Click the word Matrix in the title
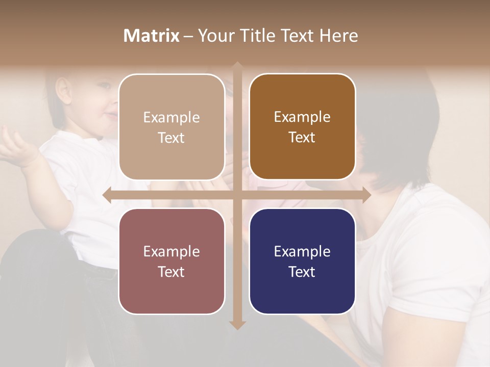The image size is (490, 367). coord(152,36)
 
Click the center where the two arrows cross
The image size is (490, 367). coord(237,195)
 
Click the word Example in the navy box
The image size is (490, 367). coord(302,251)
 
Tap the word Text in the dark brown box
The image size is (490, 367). coord(302,138)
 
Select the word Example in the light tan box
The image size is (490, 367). coord(171,117)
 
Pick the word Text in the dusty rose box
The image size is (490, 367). coord(171,272)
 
